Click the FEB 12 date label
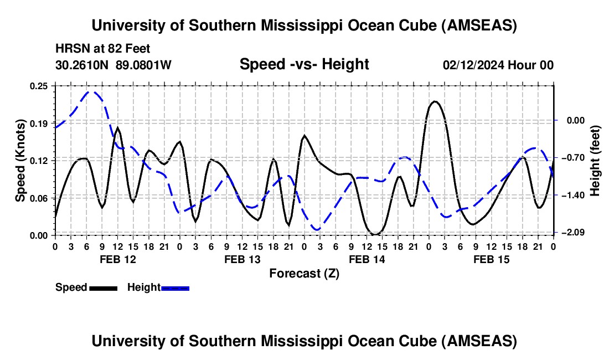tap(117, 259)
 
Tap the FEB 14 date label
tap(367, 259)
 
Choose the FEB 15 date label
tap(491, 259)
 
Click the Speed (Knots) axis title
tap(20, 161)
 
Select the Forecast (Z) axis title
tap(304, 273)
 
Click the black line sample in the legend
tap(103, 288)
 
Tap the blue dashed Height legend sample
tap(175, 288)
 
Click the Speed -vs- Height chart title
tap(304, 64)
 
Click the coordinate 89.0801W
tap(144, 65)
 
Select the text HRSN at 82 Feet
tap(103, 49)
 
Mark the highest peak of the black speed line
tap(435, 101)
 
